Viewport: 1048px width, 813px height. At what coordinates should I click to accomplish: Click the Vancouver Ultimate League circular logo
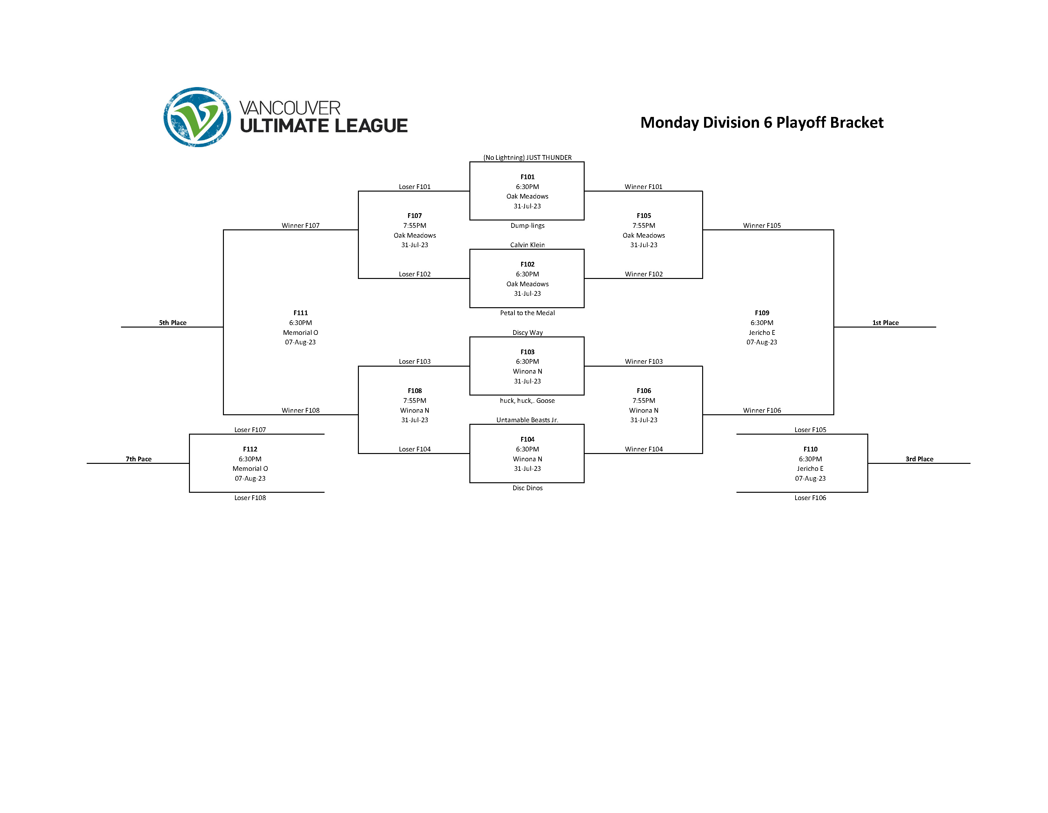coord(197,117)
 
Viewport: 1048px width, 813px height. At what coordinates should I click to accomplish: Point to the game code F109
coord(762,313)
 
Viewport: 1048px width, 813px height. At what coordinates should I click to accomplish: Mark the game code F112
coord(250,449)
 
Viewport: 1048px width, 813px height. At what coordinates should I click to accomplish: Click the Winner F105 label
coord(762,226)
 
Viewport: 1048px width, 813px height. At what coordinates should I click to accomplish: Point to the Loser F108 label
coord(250,498)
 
